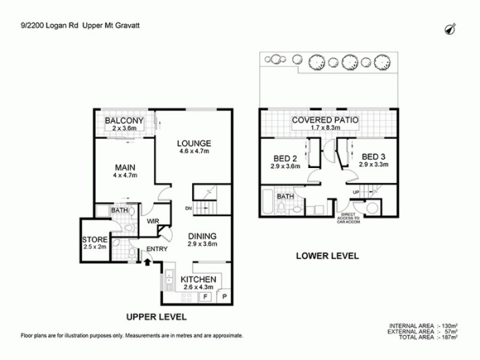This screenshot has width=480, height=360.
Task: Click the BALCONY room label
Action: [x=124, y=121]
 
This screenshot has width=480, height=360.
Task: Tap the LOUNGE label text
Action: [x=194, y=143]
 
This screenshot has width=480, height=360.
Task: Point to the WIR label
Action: [x=152, y=221]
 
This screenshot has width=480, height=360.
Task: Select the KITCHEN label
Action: [x=199, y=279]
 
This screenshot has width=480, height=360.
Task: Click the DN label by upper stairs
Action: [x=188, y=209]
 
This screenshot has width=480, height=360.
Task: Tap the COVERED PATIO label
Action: [x=325, y=120]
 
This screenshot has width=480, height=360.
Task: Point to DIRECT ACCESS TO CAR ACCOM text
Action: [x=348, y=217]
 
